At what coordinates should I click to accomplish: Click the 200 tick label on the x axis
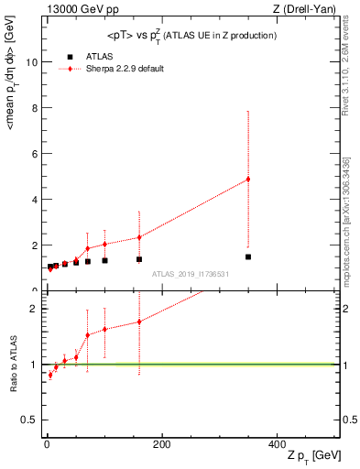160,444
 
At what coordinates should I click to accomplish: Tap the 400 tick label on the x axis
276,444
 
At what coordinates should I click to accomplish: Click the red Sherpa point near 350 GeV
248,179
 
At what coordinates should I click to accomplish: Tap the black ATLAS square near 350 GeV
248,256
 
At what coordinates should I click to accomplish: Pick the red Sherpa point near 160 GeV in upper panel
139,237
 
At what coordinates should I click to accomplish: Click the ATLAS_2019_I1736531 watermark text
191,274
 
